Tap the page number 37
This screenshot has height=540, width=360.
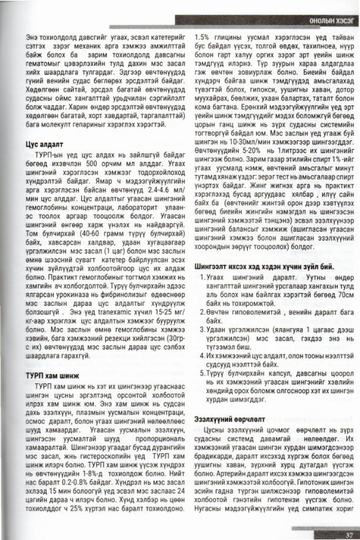coord(347,533)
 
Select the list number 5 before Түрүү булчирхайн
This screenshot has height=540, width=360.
coord(203,374)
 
